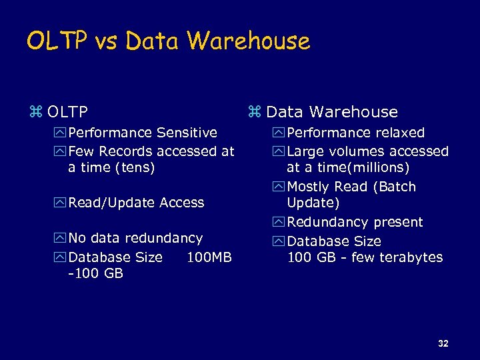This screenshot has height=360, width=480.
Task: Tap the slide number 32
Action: pos(443,343)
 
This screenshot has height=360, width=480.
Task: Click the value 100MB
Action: pos(209,257)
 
